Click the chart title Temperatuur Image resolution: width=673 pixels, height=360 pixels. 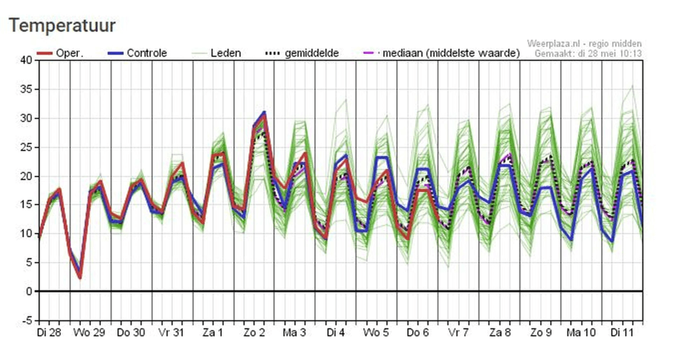(62, 26)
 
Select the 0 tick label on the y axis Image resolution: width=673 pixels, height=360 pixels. (28, 291)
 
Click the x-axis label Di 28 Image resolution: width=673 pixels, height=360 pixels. (49, 333)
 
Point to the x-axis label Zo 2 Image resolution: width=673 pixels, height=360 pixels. (254, 333)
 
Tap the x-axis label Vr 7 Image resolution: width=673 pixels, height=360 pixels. (458, 333)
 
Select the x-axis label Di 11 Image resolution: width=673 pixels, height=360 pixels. (623, 333)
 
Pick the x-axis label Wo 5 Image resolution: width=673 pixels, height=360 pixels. (377, 333)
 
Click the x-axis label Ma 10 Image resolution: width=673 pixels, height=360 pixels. (581, 333)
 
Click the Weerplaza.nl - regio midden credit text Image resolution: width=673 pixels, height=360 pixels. (584, 44)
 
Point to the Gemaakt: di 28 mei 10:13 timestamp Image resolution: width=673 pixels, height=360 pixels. (588, 54)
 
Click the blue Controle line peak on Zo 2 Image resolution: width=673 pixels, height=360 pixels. (264, 112)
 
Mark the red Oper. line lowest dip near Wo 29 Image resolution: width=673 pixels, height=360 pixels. (80, 277)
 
